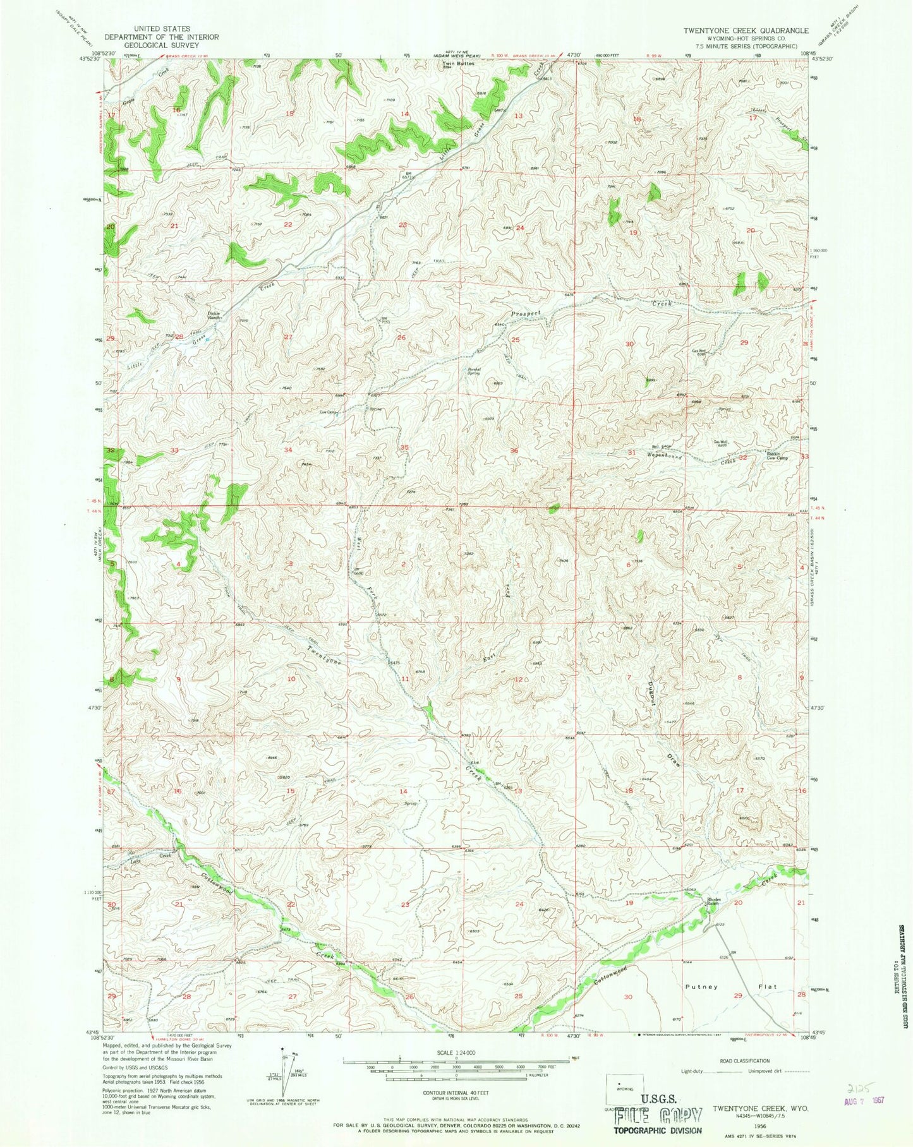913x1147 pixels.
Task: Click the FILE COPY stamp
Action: tap(658, 1115)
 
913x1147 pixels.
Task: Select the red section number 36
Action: tap(514, 450)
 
